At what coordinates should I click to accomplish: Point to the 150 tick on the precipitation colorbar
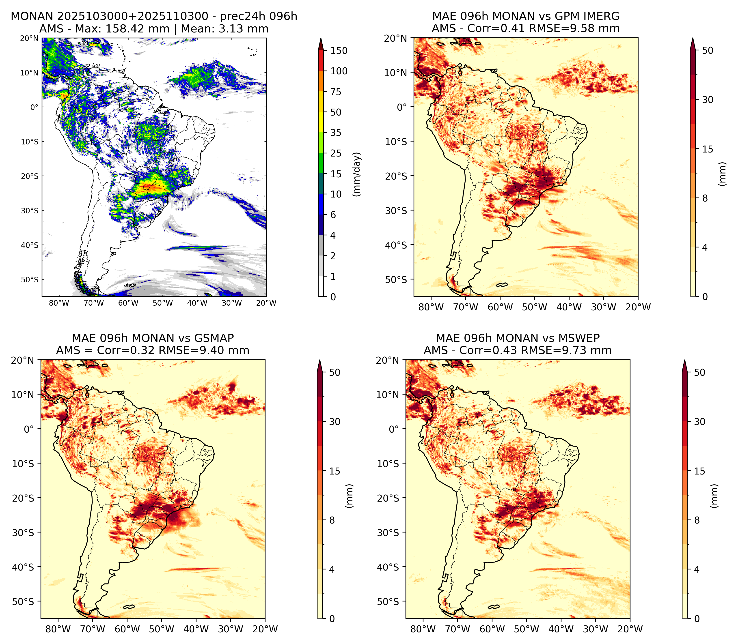[339, 51]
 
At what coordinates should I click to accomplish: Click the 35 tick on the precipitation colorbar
[336, 133]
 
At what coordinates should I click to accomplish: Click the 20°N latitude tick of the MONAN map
[30, 38]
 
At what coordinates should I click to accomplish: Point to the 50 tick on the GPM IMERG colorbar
[708, 50]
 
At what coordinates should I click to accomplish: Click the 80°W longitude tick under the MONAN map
[59, 303]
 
